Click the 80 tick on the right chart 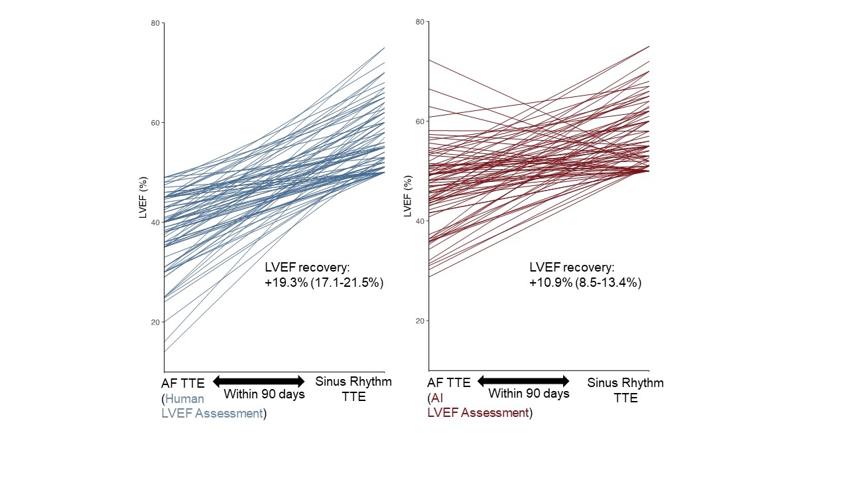click(421, 22)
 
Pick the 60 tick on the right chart click(421, 121)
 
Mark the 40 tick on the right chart click(421, 221)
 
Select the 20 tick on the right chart click(421, 321)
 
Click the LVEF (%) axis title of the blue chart click(143, 197)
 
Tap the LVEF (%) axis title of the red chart click(407, 197)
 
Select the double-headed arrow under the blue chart click(259, 381)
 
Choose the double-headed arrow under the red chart click(523, 381)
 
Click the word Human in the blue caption click(184, 399)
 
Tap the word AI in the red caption click(437, 398)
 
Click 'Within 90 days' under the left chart click(264, 394)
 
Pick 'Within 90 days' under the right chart click(529, 394)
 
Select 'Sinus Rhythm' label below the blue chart click(354, 382)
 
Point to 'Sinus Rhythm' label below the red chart click(625, 383)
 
